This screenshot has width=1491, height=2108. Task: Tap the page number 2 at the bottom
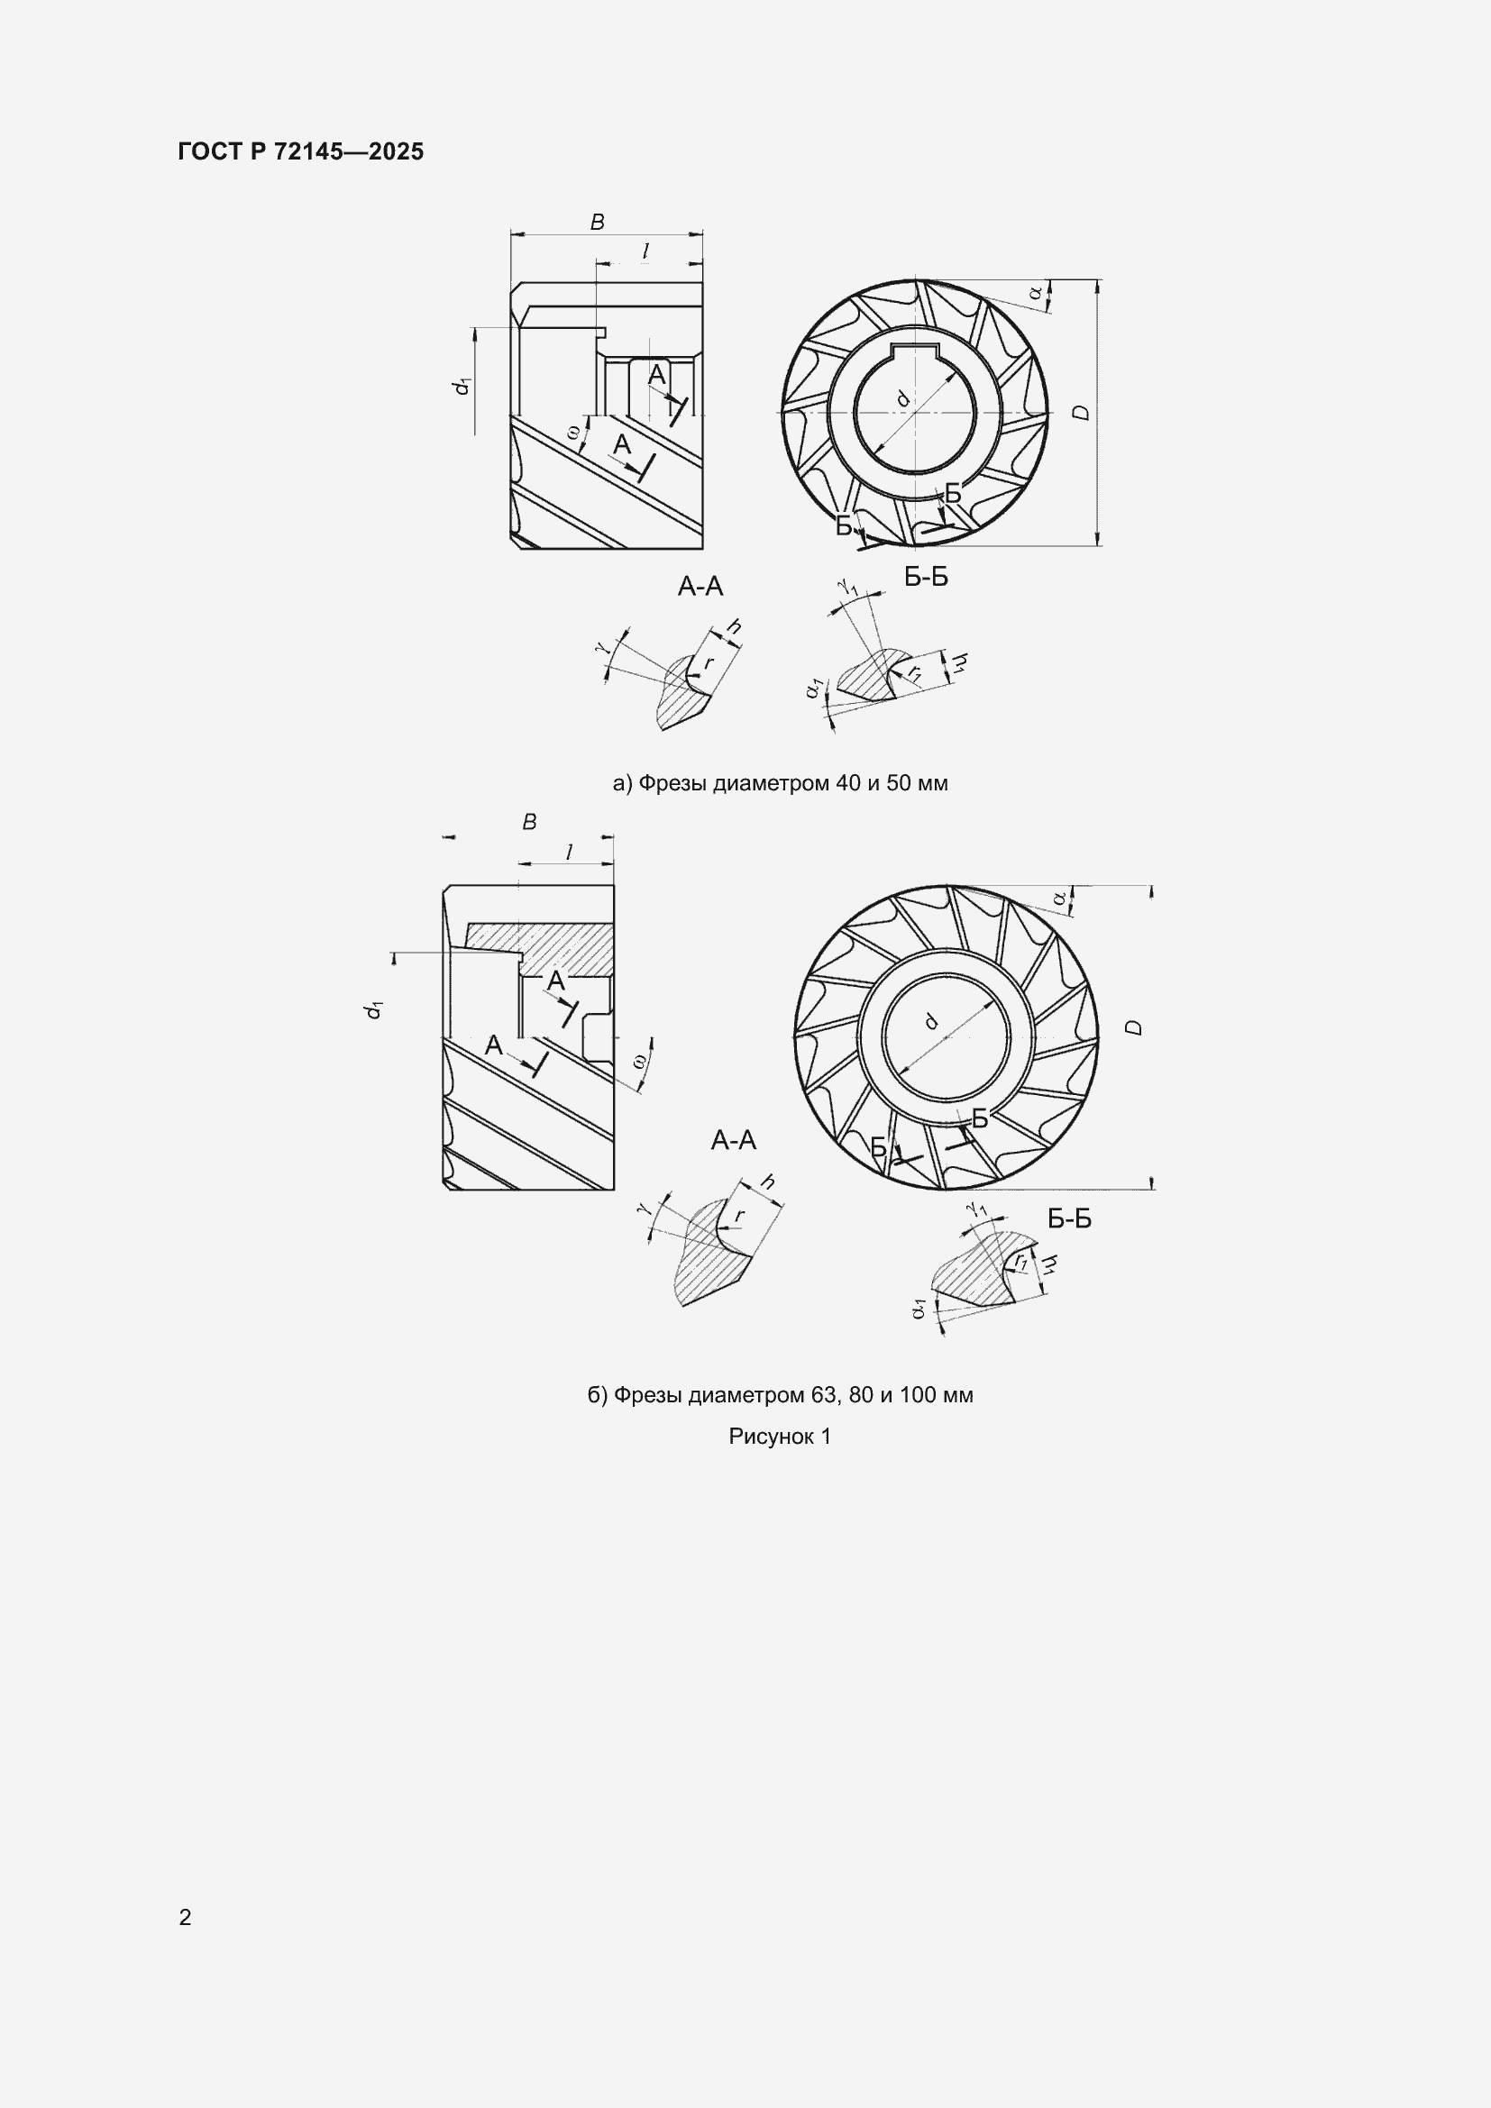click(x=185, y=1917)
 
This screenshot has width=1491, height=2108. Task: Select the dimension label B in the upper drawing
click(x=597, y=222)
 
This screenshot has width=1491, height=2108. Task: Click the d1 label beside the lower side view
click(x=373, y=1009)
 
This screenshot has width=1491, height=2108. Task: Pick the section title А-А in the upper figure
click(x=700, y=586)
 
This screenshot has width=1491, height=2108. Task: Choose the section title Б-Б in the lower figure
click(x=1070, y=1218)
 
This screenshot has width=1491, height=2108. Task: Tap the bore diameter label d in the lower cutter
click(x=931, y=1020)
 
